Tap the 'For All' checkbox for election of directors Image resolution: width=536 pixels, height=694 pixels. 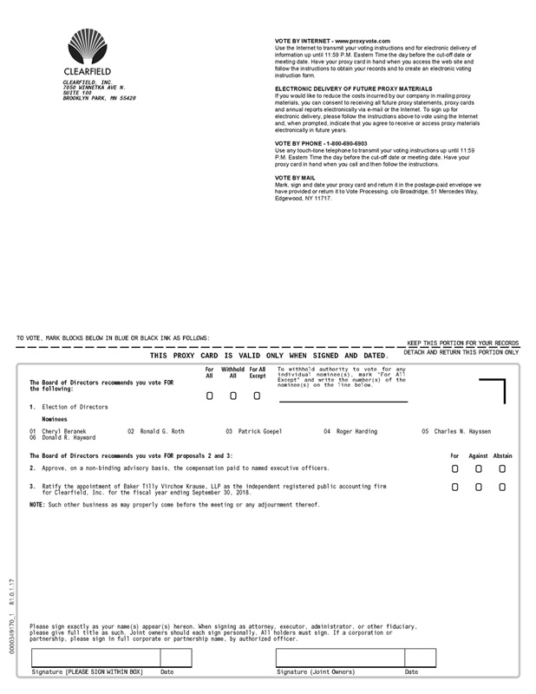[210, 396]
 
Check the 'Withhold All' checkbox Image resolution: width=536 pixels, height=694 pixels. [233, 396]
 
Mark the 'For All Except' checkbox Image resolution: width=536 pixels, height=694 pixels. [257, 396]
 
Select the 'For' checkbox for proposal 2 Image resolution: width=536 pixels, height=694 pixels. [455, 468]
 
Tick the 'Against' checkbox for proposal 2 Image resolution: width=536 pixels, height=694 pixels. [479, 468]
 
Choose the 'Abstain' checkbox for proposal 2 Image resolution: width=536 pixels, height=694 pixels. [502, 468]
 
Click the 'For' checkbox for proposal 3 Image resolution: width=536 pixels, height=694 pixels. [455, 488]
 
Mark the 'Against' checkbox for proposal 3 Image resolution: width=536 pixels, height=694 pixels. [479, 488]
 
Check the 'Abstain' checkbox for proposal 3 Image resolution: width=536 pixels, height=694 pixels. [502, 488]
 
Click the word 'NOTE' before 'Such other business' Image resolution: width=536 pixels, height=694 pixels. [36, 505]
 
